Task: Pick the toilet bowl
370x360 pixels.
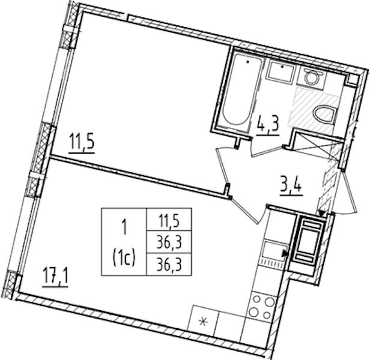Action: [x=324, y=115]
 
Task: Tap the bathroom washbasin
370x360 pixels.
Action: [x=281, y=71]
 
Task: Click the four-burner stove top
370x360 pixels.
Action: [x=261, y=307]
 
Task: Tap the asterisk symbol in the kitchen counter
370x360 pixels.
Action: [x=202, y=321]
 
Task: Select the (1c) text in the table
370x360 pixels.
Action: [x=124, y=258]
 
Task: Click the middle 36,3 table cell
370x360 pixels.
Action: [x=169, y=243]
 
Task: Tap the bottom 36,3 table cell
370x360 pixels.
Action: [x=169, y=265]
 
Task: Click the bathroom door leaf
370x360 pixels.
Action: [x=268, y=151]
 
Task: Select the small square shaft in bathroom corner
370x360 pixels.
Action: [x=352, y=80]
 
